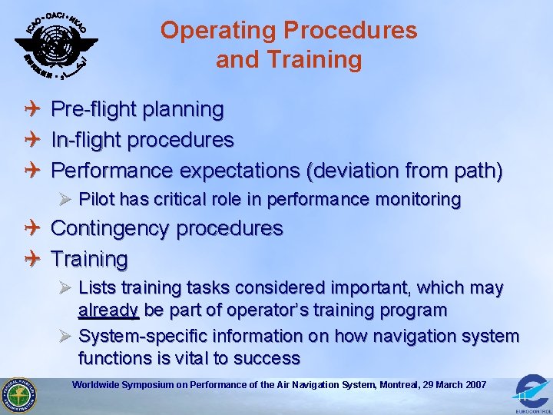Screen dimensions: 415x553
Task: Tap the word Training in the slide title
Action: (x=325, y=60)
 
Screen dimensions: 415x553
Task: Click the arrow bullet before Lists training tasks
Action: (x=65, y=288)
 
